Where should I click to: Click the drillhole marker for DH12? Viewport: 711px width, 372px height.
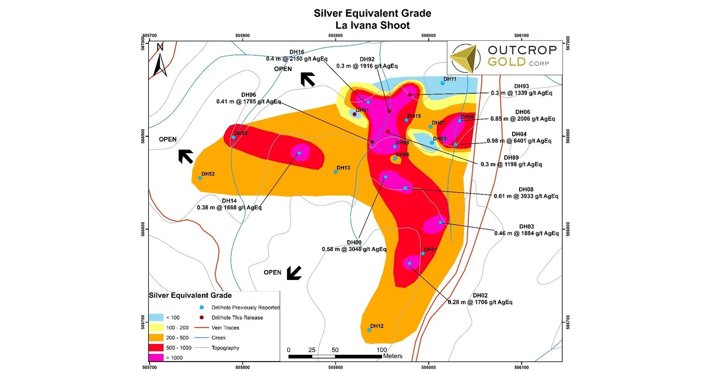(369, 330)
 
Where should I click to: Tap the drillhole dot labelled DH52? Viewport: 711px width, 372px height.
(200, 178)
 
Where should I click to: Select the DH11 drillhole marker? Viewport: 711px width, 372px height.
(443, 83)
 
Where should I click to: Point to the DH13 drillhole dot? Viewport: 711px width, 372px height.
(336, 172)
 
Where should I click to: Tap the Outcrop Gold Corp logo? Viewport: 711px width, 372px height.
(505, 57)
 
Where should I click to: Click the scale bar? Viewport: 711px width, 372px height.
(335, 356)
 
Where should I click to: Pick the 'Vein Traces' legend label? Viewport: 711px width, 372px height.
(225, 328)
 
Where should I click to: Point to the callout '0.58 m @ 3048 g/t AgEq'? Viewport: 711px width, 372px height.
(354, 249)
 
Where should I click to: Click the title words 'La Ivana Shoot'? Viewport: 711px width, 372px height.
(372, 25)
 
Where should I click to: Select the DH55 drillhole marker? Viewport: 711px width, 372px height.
(234, 138)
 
